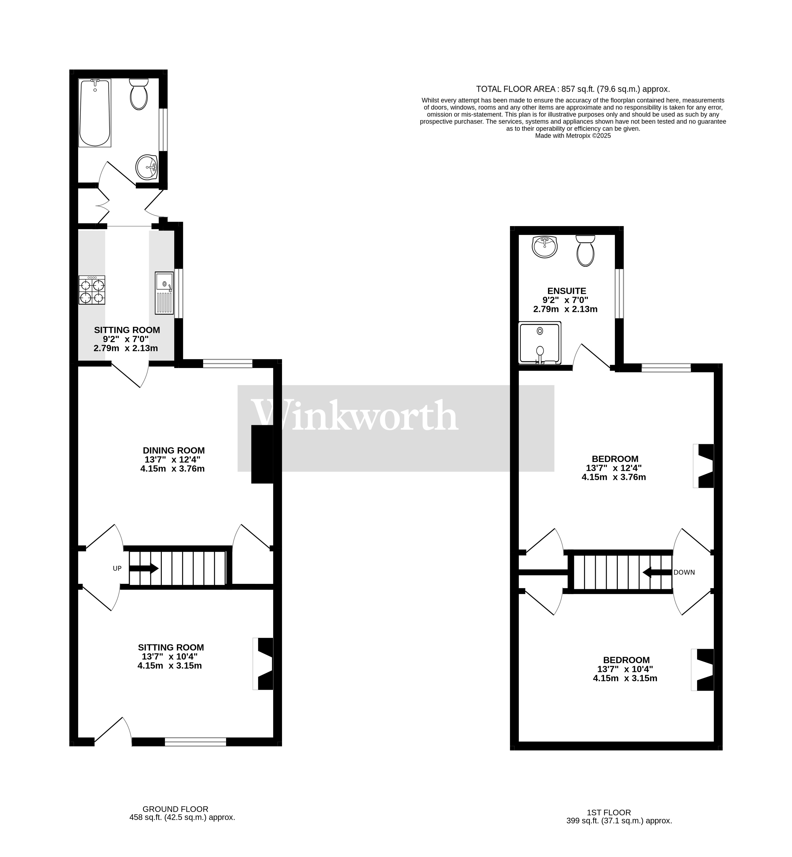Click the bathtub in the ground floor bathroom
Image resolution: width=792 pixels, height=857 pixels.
(95, 113)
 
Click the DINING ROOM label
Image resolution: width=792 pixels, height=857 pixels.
(173, 451)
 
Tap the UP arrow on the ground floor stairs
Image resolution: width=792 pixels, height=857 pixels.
(144, 569)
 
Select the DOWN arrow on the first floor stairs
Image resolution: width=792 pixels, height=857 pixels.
(657, 572)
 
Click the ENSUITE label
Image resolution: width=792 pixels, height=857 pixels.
(567, 291)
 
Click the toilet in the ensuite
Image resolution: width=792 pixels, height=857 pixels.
(585, 251)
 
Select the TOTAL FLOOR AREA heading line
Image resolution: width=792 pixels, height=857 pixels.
(573, 89)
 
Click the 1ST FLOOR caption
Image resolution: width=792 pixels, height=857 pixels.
(609, 812)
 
